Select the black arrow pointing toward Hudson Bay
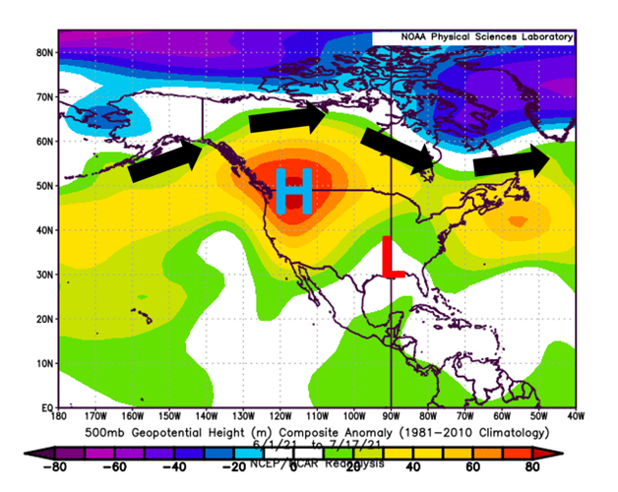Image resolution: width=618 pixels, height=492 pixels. point(397,147)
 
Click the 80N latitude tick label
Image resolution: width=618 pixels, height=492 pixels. point(44,52)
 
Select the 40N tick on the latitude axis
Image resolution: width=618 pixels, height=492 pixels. point(44,229)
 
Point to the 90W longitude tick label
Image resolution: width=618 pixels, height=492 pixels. point(392,417)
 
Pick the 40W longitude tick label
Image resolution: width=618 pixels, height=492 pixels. point(574,417)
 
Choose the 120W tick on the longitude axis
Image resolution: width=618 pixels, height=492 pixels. point(280,417)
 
